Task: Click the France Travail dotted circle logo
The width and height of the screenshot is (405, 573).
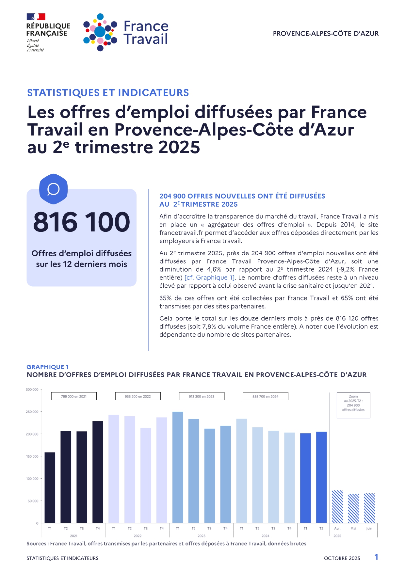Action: (100, 32)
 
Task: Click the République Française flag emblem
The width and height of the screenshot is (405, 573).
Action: (36, 17)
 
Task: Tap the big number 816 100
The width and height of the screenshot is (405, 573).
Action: (81, 222)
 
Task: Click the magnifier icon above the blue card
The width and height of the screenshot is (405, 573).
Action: (53, 189)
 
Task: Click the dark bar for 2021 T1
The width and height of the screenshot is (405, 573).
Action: (50, 487)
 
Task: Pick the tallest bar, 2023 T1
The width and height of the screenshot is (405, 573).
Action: (178, 467)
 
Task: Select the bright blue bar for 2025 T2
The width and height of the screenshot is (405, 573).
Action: (321, 477)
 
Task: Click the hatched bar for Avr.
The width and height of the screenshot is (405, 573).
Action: (337, 506)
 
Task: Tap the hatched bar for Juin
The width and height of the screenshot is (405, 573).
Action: (369, 508)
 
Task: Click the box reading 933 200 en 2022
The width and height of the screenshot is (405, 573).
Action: (138, 396)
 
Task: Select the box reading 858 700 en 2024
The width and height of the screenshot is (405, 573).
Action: (265, 396)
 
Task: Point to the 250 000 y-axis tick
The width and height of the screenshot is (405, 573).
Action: (32, 412)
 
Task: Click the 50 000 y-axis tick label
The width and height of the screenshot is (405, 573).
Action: (33, 501)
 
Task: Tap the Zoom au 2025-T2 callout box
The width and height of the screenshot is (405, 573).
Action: (353, 405)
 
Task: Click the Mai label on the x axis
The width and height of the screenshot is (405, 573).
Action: (353, 528)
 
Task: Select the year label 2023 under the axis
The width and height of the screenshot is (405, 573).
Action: (202, 536)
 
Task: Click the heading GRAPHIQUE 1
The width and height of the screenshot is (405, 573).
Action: (48, 367)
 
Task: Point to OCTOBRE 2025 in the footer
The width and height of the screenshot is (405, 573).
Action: (342, 558)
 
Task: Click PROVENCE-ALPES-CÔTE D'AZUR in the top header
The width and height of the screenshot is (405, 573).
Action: (326, 34)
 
